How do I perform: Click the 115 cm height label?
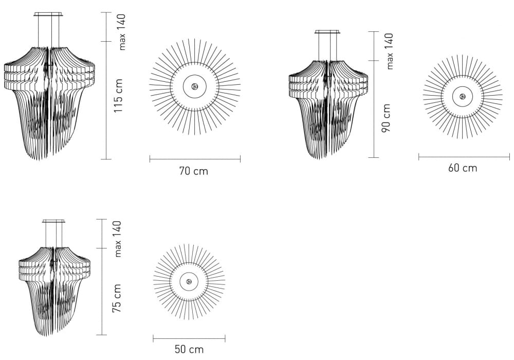coord(118,96)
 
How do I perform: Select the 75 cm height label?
coord(117,298)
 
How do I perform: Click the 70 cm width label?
coord(194,171)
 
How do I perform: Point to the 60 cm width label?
coord(463,168)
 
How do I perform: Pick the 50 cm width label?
coord(189,349)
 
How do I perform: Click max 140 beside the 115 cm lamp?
coord(121,32)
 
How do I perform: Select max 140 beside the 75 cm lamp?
coord(117,239)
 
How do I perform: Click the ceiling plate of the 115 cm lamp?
coord(48,14)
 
